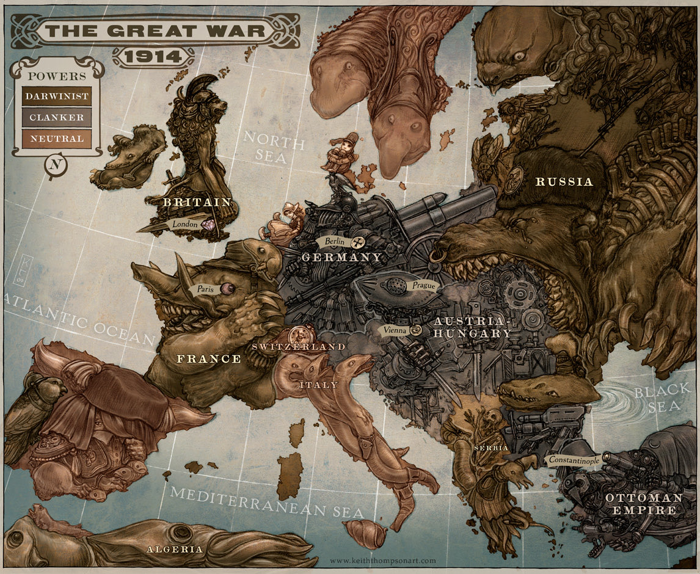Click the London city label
[185, 224]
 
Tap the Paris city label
[206, 289]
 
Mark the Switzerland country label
[299, 346]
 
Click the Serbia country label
[490, 448]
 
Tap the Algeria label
[175, 549]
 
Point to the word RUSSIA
[564, 181]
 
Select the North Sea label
[273, 147]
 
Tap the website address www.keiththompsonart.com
[383, 560]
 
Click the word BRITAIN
[197, 202]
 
